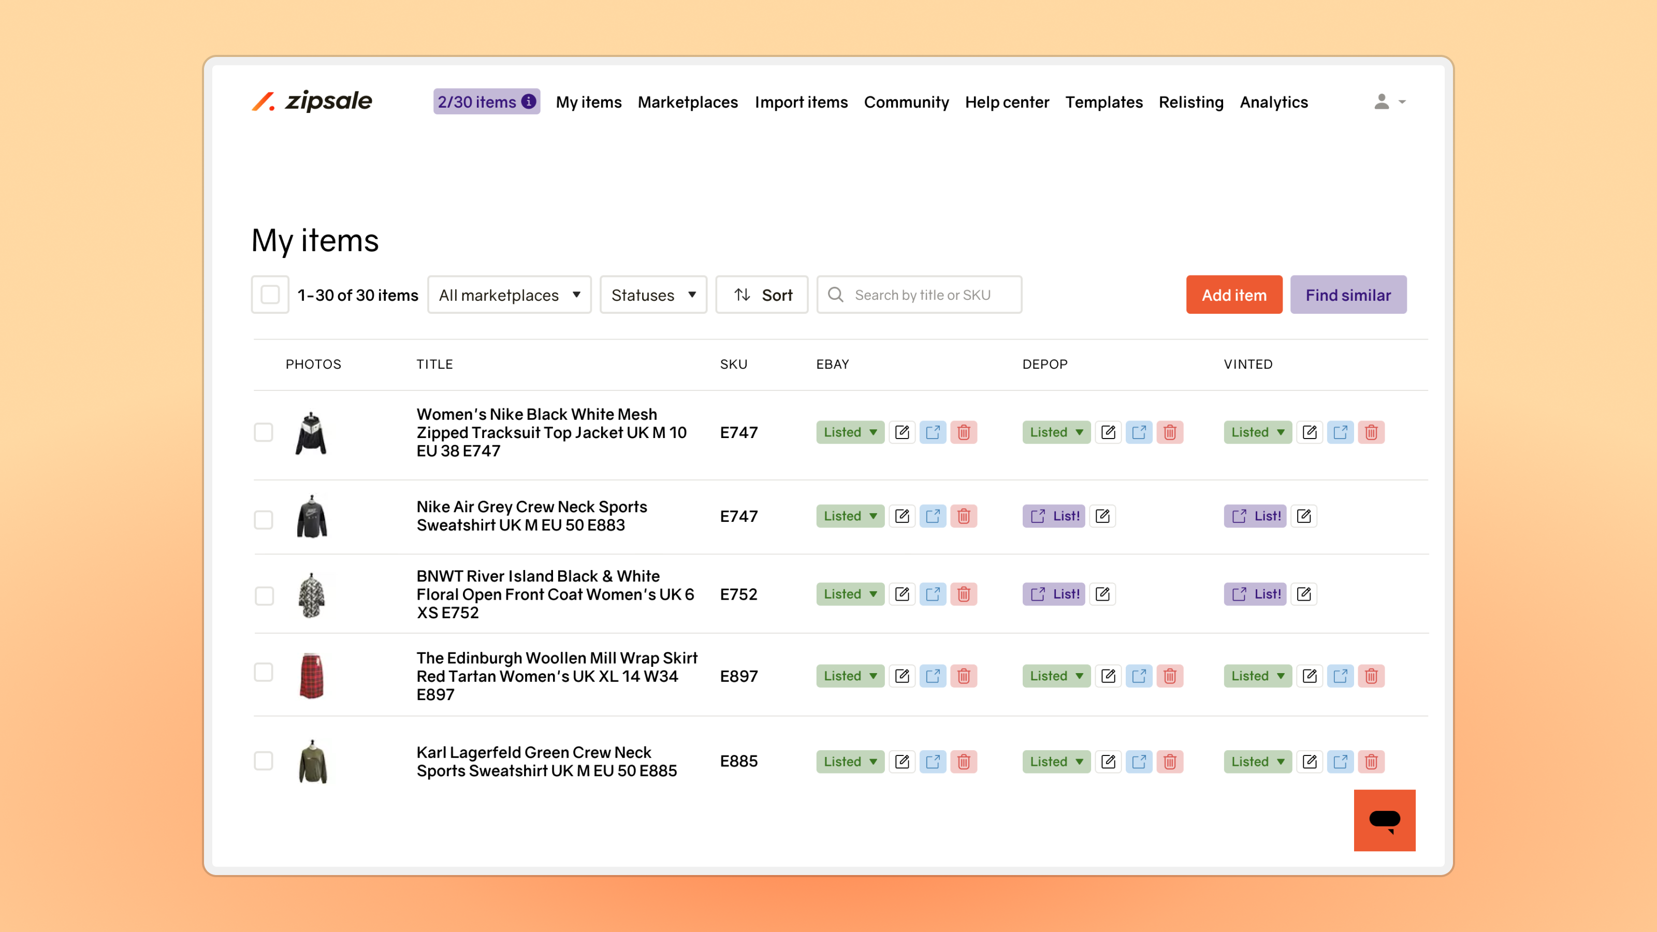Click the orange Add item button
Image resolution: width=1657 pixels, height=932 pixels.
(x=1234, y=295)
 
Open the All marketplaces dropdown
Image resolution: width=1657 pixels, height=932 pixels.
(x=509, y=295)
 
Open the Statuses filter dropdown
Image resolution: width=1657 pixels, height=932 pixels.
(x=653, y=295)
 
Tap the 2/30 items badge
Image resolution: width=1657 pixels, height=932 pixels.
(x=486, y=101)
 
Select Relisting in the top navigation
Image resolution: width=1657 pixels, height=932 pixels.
(x=1190, y=103)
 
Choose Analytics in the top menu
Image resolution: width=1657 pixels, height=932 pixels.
(x=1274, y=103)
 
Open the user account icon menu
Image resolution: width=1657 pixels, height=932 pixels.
(x=1388, y=101)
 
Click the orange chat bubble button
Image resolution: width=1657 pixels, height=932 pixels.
(x=1384, y=820)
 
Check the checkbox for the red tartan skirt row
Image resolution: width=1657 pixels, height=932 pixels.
(x=264, y=672)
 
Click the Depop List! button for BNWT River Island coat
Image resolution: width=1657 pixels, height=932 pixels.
(x=1054, y=594)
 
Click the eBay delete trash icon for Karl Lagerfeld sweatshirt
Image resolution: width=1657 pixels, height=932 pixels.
(x=964, y=762)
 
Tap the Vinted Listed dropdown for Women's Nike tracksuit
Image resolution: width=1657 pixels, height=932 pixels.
(x=1258, y=432)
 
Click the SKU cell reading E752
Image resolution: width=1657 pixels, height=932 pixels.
(x=738, y=594)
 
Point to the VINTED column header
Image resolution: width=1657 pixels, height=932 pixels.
(x=1248, y=364)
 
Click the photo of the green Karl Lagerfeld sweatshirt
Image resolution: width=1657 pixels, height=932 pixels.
(x=313, y=762)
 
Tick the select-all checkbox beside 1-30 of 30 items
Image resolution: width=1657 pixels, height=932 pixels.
(x=270, y=295)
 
